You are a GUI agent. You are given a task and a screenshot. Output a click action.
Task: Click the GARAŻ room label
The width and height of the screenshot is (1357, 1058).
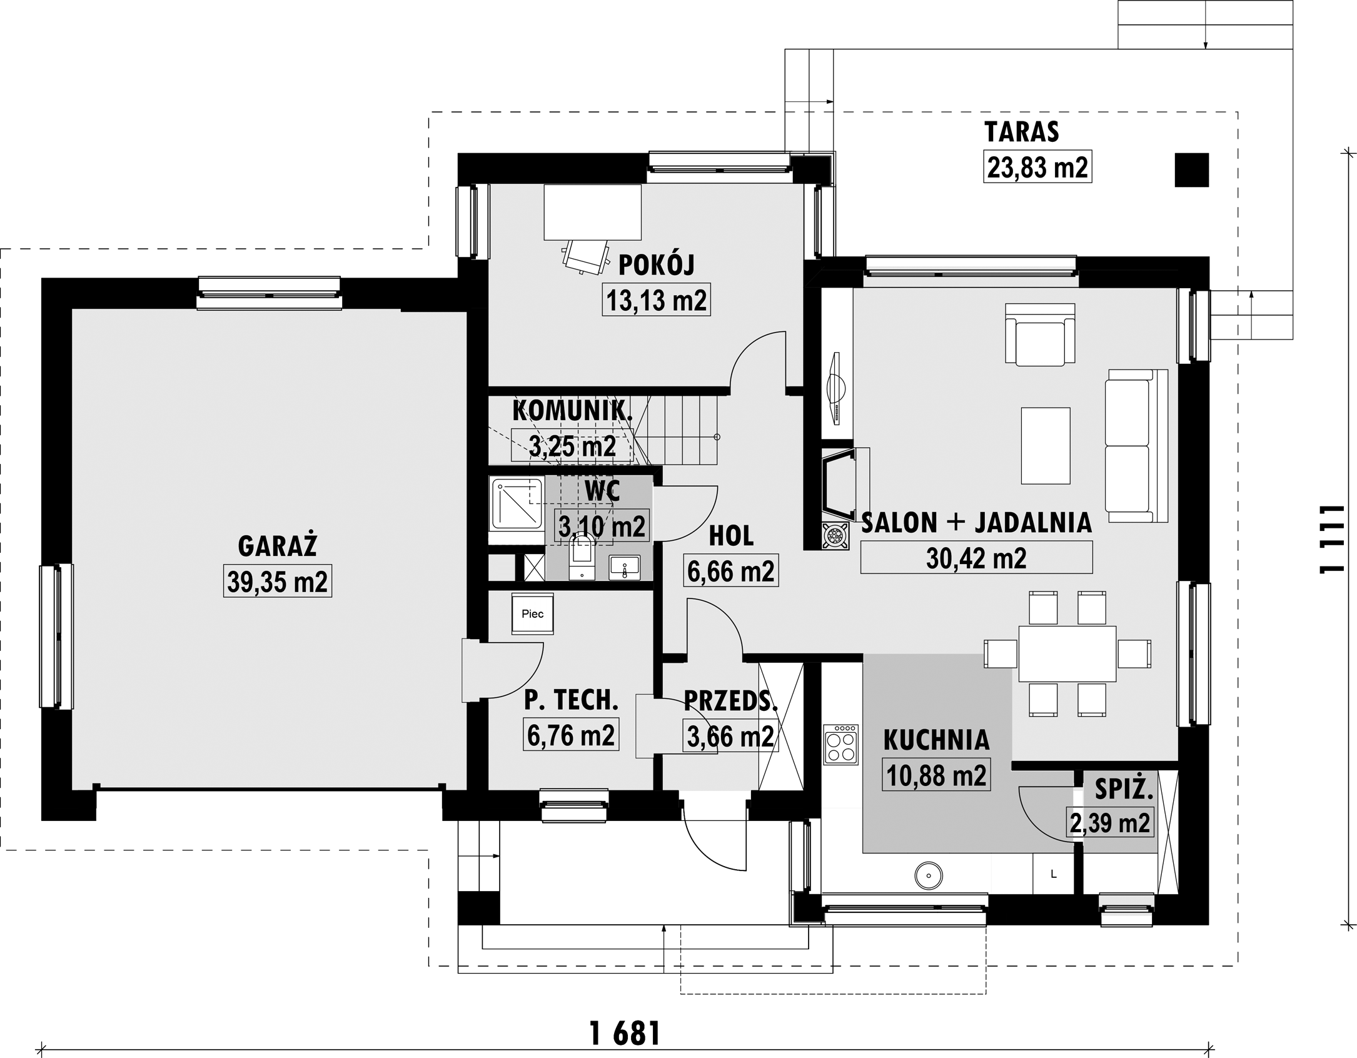(278, 546)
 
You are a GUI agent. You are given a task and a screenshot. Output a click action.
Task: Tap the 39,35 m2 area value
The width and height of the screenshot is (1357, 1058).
(278, 582)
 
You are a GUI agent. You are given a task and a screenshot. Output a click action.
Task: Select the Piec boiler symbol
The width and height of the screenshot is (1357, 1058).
(532, 613)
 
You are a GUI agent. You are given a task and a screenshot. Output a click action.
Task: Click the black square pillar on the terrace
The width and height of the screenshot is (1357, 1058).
(1191, 169)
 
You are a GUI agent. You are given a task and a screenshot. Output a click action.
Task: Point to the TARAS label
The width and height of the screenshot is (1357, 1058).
(1022, 132)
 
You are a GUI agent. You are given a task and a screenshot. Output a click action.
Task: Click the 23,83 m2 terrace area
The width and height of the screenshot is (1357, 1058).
(1037, 167)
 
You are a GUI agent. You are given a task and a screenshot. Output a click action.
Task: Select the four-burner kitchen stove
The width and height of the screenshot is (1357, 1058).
(841, 744)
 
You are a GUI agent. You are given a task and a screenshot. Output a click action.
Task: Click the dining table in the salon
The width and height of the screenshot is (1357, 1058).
(1067, 654)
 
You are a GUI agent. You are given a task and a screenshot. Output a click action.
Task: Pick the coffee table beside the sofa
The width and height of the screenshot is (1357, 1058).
(1046, 446)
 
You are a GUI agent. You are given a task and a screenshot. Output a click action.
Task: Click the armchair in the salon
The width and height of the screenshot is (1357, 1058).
(1040, 335)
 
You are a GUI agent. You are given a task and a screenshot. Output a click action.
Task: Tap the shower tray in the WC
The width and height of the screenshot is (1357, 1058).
(517, 503)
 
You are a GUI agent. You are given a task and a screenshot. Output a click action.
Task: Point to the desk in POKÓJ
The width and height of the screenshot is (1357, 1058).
(592, 212)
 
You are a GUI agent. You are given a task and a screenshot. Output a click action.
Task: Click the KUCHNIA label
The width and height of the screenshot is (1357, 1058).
(936, 740)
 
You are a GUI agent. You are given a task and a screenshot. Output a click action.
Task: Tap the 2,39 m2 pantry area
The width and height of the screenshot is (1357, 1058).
(1110, 823)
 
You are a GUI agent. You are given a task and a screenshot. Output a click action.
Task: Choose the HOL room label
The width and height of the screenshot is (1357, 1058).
(731, 536)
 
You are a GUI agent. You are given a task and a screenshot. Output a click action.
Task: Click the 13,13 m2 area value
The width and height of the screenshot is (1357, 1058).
(656, 300)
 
